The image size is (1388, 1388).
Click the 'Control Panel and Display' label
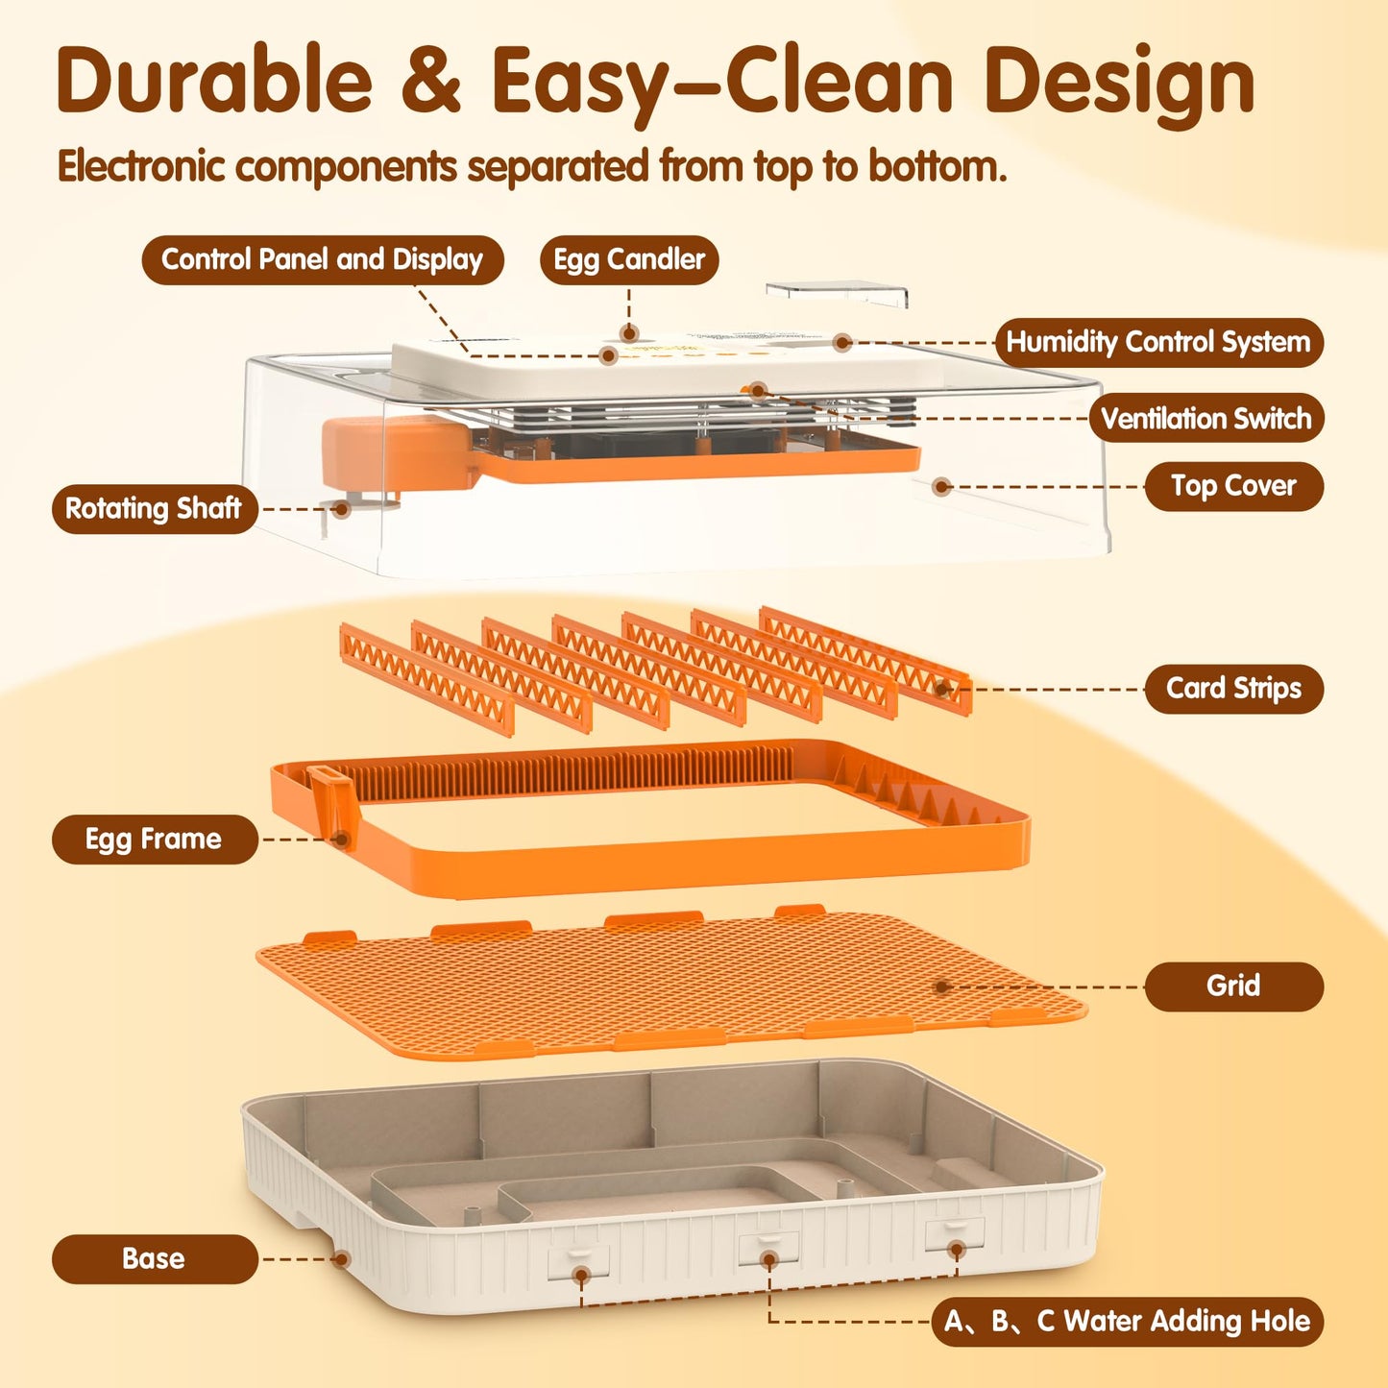pyautogui.click(x=322, y=260)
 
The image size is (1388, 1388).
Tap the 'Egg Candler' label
pyautogui.click(x=629, y=260)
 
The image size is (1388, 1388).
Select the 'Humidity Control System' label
pyautogui.click(x=1159, y=343)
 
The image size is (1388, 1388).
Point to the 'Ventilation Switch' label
pyautogui.click(x=1206, y=418)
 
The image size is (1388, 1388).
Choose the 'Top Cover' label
pyautogui.click(x=1234, y=486)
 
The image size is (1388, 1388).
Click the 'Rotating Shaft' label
pyautogui.click(x=154, y=509)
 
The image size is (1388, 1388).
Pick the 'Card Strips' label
pyautogui.click(x=1234, y=689)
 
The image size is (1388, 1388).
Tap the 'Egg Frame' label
pyautogui.click(x=154, y=840)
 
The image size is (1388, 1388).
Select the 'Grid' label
pyautogui.click(x=1234, y=986)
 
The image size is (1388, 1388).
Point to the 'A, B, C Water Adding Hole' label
pyautogui.click(x=1128, y=1322)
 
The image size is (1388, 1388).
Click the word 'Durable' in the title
pyautogui.click(x=214, y=79)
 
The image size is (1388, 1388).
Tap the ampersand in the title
pyautogui.click(x=430, y=81)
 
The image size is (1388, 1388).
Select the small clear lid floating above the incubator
pyautogui.click(x=837, y=293)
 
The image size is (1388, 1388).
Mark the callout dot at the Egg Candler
pyautogui.click(x=629, y=332)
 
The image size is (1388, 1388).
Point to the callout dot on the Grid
pyautogui.click(x=941, y=986)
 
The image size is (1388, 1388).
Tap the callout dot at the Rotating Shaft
pyautogui.click(x=342, y=509)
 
